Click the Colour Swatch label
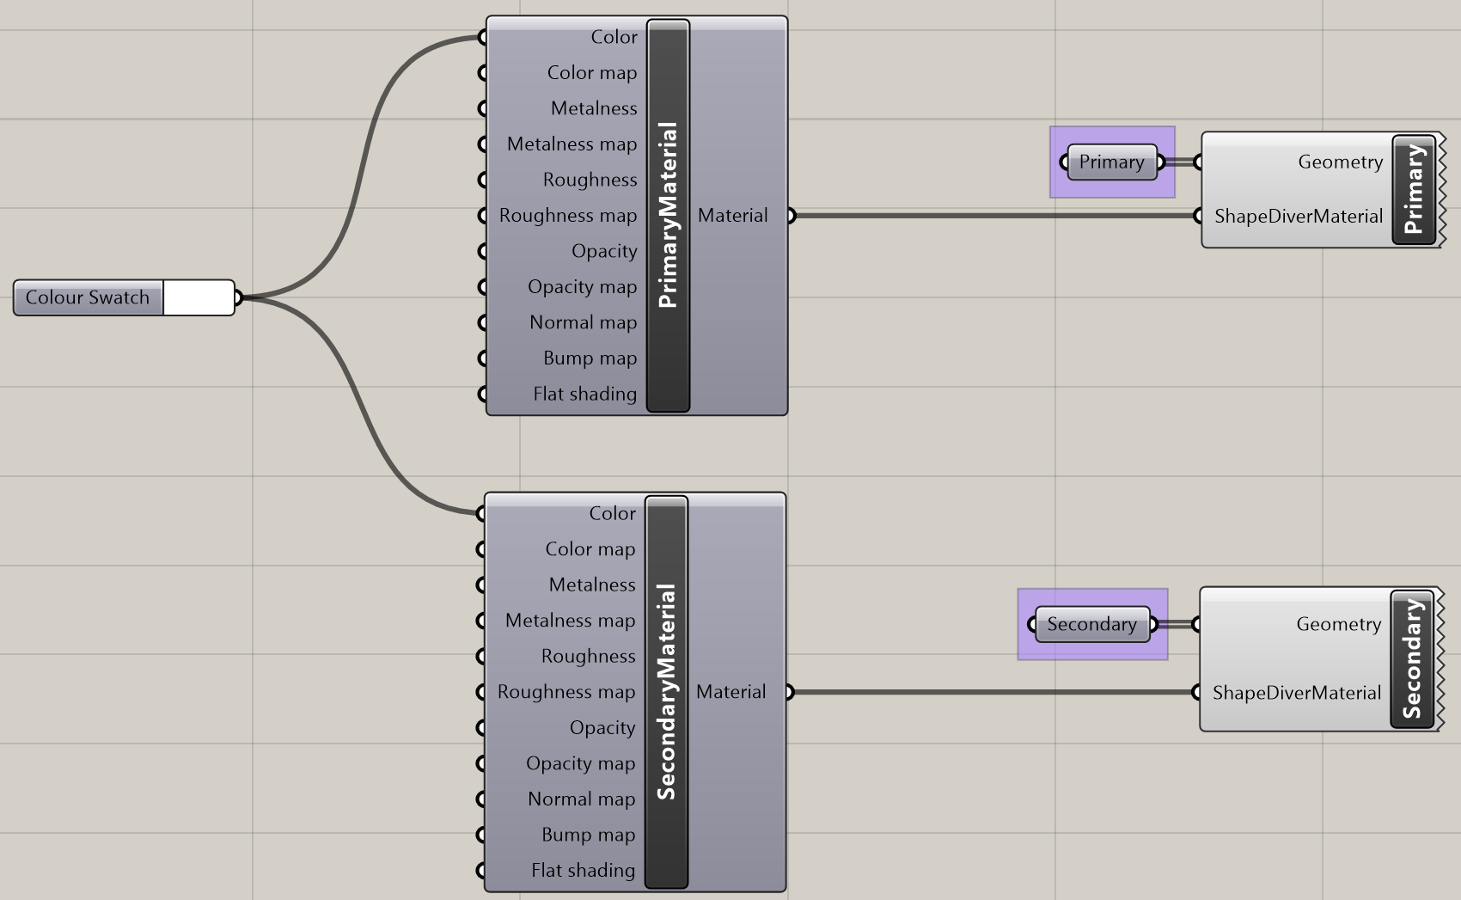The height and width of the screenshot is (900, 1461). coord(88,297)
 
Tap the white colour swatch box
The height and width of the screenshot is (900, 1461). coord(198,297)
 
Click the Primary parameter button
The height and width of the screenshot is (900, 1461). coord(1111,162)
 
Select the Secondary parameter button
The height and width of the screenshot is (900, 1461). coord(1091,624)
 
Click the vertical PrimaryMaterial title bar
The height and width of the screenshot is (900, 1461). coord(668,215)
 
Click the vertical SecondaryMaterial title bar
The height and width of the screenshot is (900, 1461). coord(666,692)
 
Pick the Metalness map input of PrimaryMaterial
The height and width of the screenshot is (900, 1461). coord(572,144)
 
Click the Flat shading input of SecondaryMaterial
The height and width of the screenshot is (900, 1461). coord(583,870)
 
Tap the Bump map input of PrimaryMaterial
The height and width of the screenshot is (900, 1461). coord(590,358)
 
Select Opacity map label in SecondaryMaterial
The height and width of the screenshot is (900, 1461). coord(580,763)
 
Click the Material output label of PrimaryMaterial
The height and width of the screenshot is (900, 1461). coord(732,215)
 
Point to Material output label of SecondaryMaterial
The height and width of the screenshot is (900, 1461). coord(730,692)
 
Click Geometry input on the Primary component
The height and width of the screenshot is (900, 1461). coord(1340,162)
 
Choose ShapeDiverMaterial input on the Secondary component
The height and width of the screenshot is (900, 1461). coord(1296,693)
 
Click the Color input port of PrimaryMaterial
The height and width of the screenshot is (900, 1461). coord(482,37)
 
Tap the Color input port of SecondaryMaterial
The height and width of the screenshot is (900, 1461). coord(480,513)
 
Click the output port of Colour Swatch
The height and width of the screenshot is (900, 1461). coord(238,297)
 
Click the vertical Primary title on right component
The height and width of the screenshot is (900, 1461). coord(1414,189)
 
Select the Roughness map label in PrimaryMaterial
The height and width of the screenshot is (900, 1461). coord(567,215)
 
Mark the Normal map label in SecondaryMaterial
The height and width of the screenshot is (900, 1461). coord(581,799)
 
